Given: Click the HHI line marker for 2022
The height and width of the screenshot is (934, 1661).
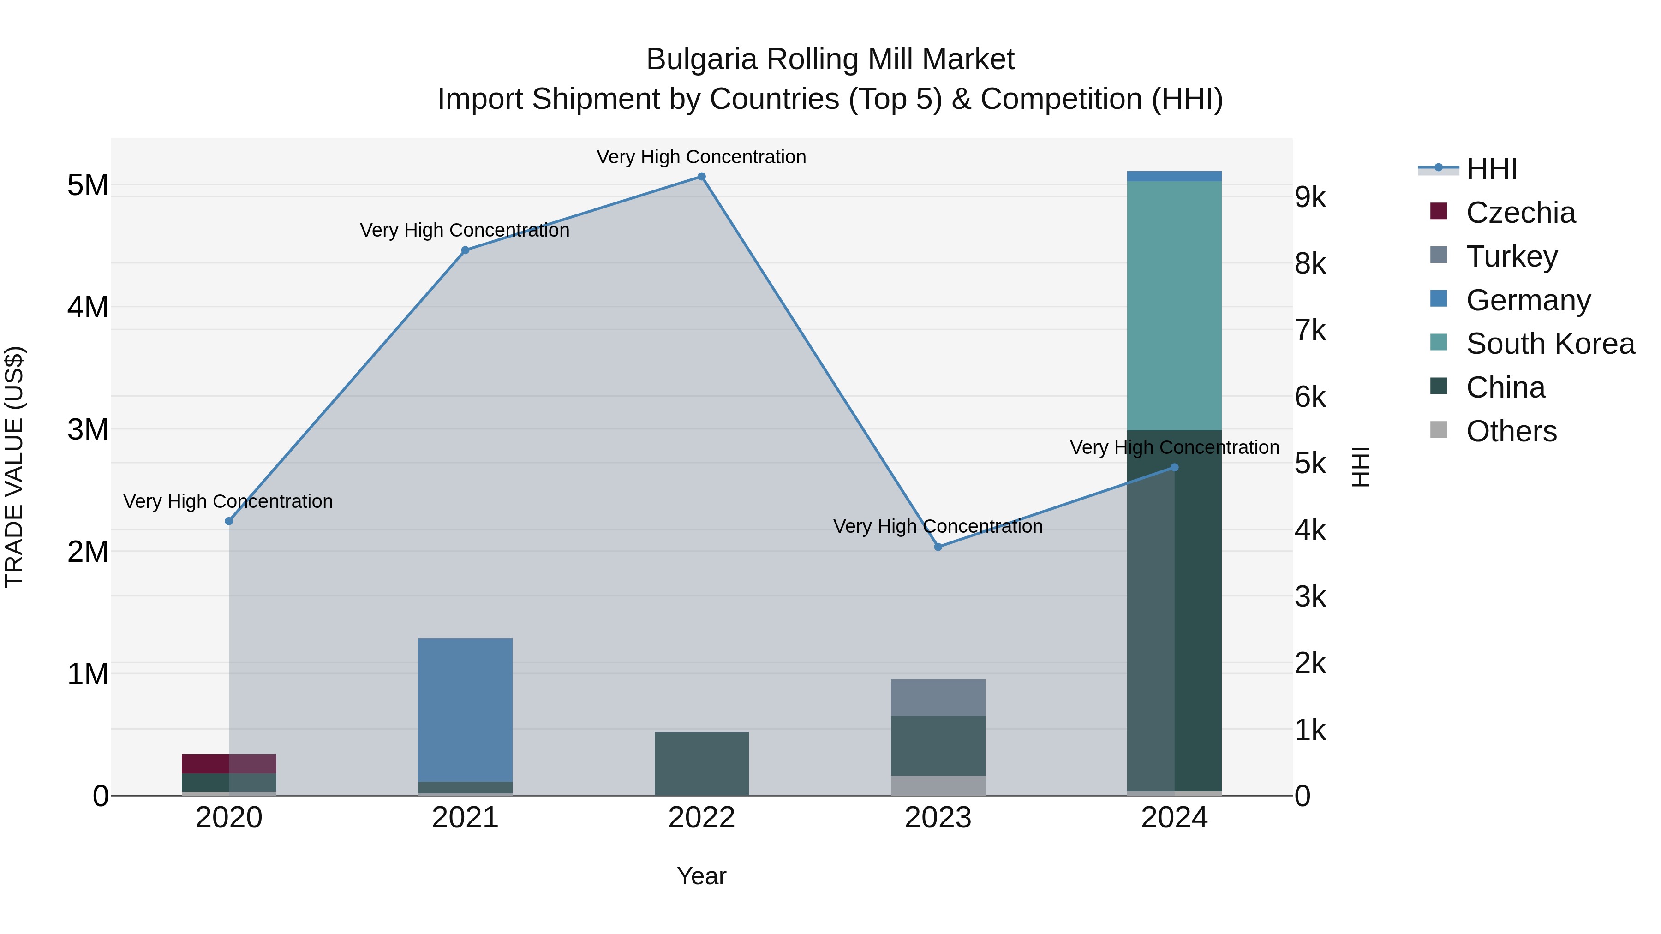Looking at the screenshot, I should [x=701, y=177].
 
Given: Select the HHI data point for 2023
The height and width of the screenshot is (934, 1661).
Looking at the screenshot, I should [x=938, y=547].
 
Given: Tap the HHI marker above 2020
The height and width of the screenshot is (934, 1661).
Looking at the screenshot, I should [x=229, y=521].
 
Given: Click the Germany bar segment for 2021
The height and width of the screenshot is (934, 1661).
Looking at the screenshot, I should [x=465, y=709].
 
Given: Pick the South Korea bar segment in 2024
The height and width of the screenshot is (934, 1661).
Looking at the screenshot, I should [x=1174, y=305].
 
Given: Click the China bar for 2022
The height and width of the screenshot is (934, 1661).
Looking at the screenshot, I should [x=701, y=764].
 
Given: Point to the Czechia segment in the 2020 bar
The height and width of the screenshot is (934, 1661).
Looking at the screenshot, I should [x=229, y=763].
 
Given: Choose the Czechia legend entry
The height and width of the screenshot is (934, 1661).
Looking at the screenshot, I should [x=1520, y=213].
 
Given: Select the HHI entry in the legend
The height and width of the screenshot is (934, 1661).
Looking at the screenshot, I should [x=1491, y=169].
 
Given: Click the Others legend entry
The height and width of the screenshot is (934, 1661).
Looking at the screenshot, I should [x=1511, y=431].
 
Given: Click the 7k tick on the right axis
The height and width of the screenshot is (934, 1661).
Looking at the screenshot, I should [x=1310, y=330].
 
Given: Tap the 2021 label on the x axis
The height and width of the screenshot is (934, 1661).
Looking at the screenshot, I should [x=465, y=818].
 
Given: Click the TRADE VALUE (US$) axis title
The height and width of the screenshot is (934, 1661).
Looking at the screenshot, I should [x=15, y=467].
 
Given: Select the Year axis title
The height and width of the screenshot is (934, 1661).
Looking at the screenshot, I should [x=701, y=876].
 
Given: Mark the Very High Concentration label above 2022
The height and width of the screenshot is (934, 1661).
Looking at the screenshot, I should [x=701, y=157].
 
